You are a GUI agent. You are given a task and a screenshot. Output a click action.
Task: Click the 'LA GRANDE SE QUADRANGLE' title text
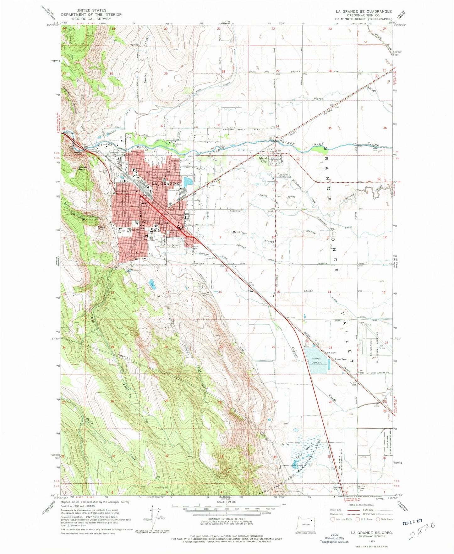(364, 11)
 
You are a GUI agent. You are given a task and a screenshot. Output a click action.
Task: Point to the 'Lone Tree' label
(341, 359)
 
